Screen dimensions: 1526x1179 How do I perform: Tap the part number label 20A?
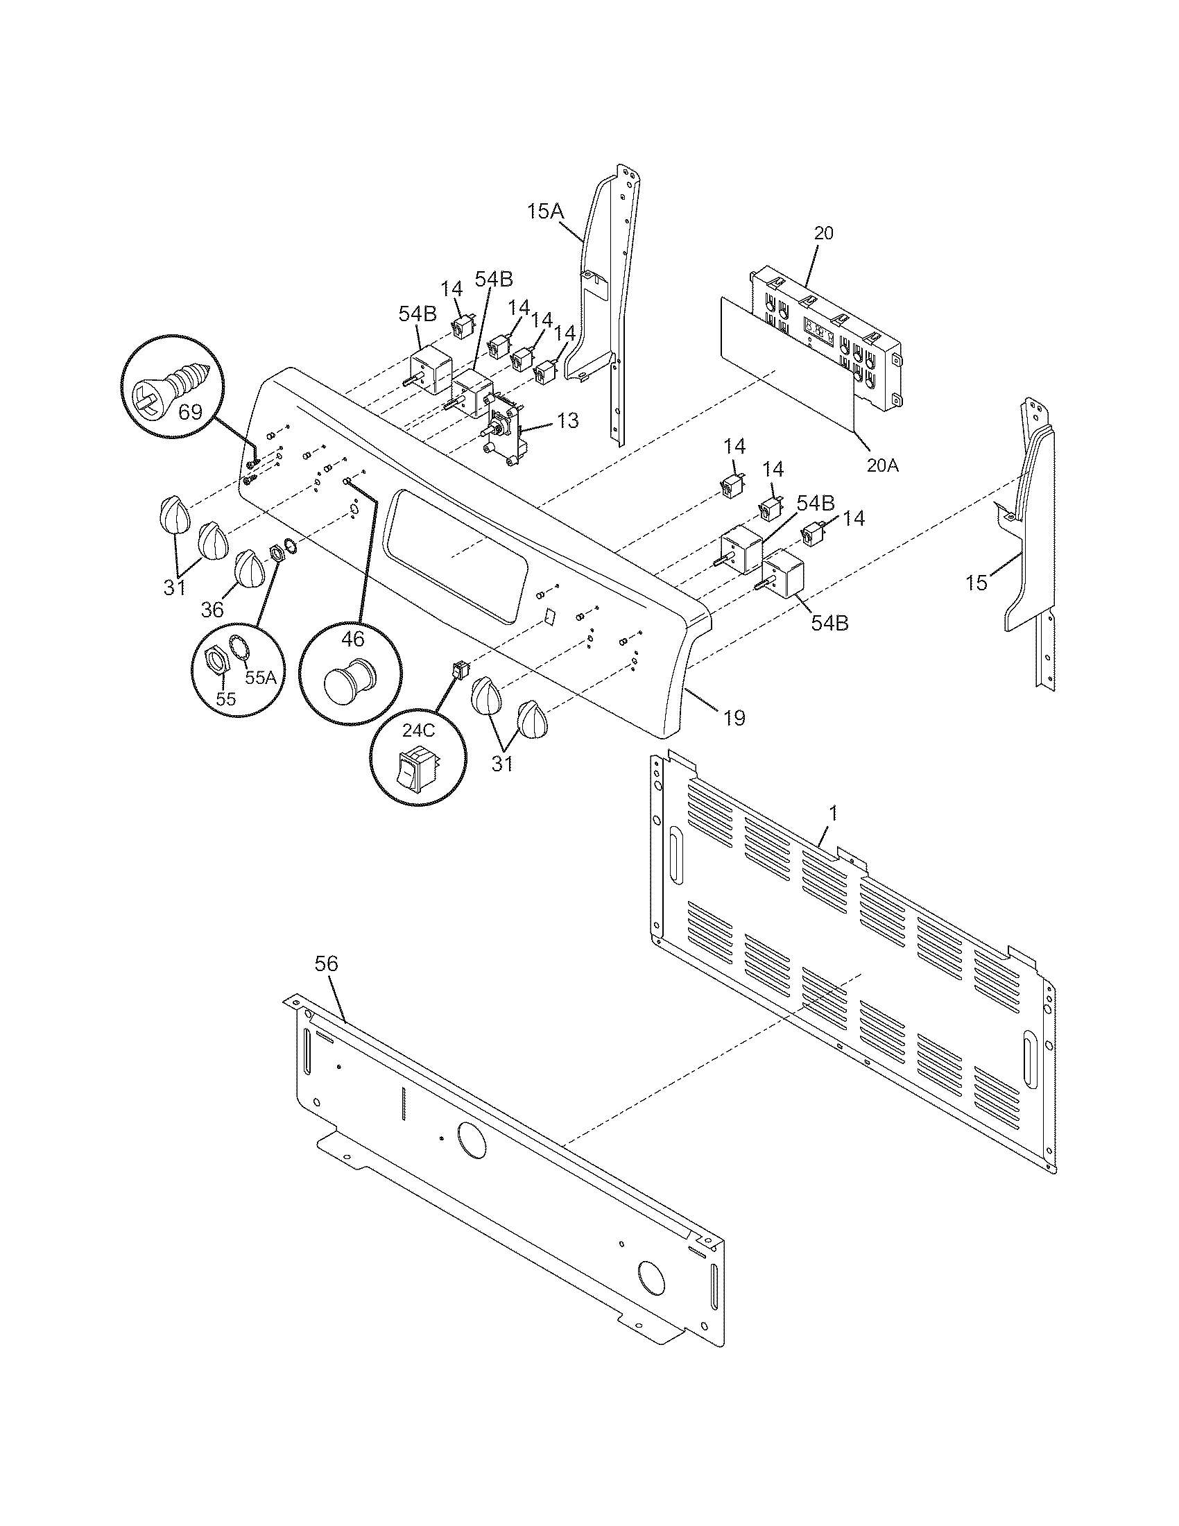pos(882,465)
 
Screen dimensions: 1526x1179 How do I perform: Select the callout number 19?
pos(734,718)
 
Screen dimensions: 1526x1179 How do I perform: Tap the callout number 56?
pos(326,963)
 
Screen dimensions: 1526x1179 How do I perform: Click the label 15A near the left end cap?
pos(545,211)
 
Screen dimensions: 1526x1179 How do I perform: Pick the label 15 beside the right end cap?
pos(976,582)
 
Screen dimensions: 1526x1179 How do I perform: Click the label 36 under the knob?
pos(212,609)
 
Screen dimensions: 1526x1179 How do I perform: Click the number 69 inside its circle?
pos(190,411)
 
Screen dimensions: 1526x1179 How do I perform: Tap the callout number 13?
pos(567,420)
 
